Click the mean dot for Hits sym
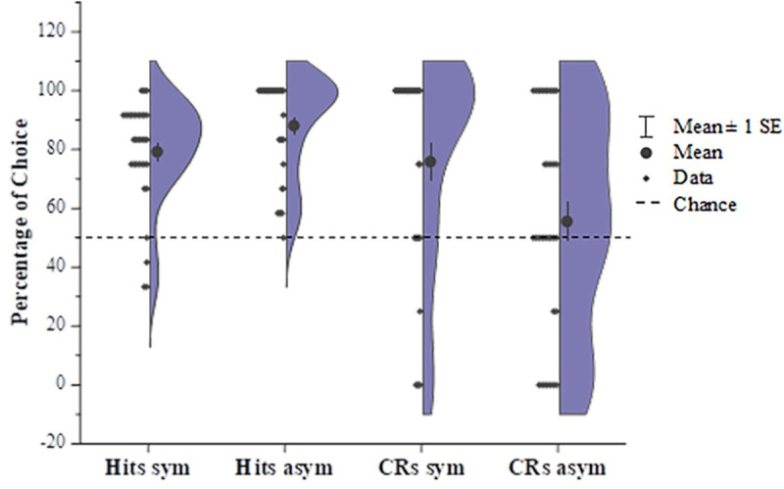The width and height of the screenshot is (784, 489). [157, 152]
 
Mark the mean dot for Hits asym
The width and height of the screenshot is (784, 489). [293, 125]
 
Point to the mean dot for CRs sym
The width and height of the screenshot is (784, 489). [429, 161]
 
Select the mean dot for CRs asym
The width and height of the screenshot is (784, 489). [566, 221]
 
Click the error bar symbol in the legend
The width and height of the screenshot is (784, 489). [645, 126]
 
